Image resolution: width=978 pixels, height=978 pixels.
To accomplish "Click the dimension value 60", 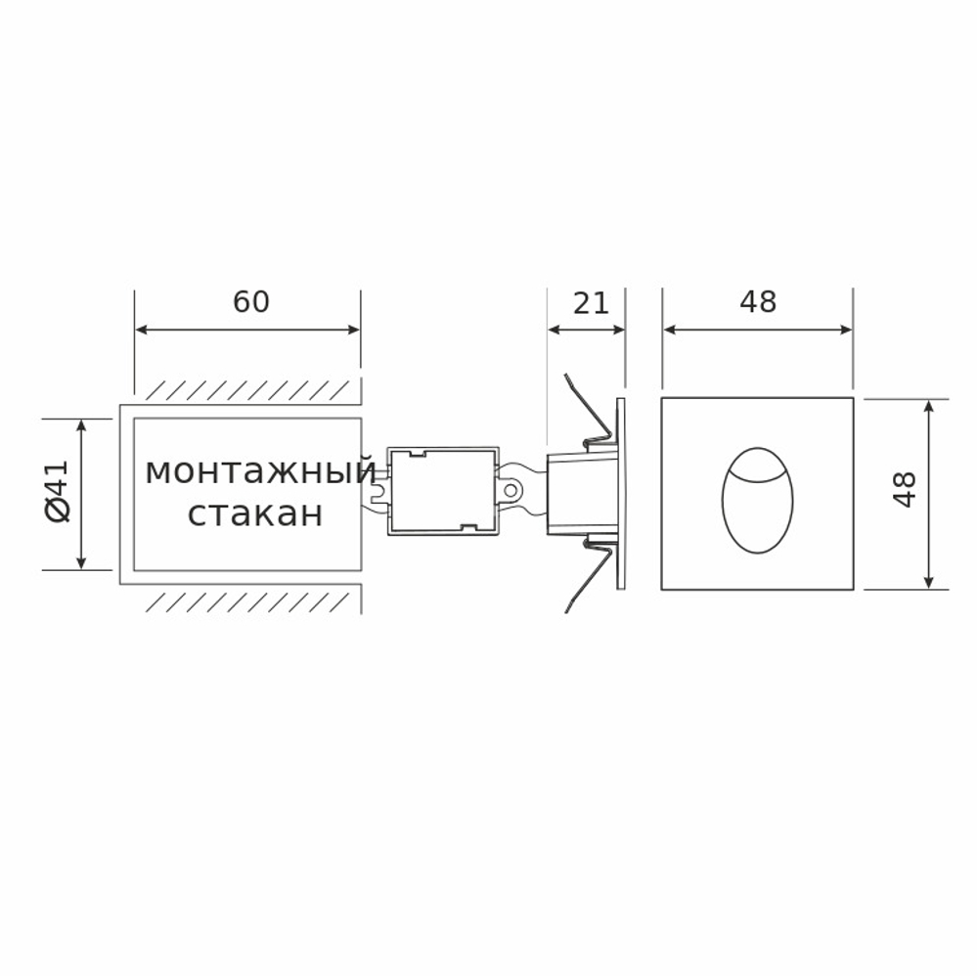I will [x=250, y=302].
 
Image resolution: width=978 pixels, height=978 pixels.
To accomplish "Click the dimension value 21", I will [x=591, y=303].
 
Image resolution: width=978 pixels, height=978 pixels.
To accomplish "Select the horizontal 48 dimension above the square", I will [x=758, y=303].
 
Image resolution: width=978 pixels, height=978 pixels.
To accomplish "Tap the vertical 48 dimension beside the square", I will [x=905, y=489].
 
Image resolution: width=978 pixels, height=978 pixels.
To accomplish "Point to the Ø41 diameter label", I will [x=58, y=493].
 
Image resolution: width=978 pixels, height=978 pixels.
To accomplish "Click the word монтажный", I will [x=259, y=472].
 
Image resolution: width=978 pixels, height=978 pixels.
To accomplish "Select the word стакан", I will [x=255, y=513].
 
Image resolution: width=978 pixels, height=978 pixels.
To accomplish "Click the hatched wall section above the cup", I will [x=249, y=390].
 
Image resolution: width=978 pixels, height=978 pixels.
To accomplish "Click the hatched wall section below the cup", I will [x=249, y=600].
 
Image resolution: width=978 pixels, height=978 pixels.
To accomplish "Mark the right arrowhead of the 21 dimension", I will [x=619, y=330].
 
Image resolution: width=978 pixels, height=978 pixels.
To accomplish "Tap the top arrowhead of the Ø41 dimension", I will [x=81, y=423].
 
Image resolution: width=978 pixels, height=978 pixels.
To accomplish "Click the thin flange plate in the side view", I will [x=620, y=494].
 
